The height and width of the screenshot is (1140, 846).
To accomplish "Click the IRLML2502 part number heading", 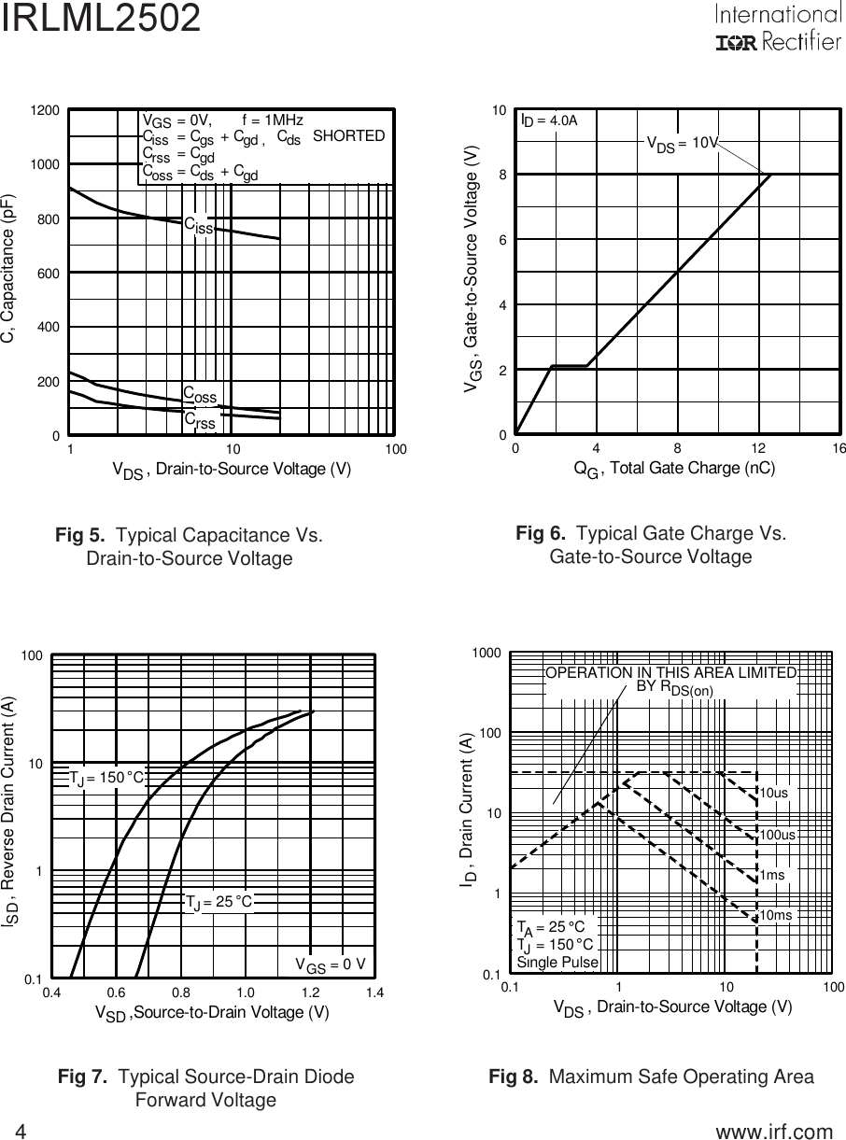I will click(101, 19).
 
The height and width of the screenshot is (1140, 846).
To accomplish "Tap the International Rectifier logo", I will click(777, 28).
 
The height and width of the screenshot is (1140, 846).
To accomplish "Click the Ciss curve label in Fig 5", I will click(198, 225).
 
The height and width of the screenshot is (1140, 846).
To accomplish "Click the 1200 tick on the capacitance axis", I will click(46, 110).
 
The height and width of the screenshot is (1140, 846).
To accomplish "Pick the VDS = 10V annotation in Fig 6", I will click(683, 143).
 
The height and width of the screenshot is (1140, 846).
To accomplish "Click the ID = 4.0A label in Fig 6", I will click(549, 120).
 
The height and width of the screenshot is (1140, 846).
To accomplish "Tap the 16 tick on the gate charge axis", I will click(839, 449).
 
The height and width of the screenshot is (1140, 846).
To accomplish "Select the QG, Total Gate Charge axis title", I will click(674, 469).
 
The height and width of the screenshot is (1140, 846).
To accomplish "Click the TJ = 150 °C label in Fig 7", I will click(106, 778).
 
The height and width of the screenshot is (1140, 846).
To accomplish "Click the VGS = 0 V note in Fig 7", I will click(330, 964).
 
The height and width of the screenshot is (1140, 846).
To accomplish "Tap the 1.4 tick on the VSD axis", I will click(375, 992).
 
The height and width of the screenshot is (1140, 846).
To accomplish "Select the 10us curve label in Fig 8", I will click(774, 793).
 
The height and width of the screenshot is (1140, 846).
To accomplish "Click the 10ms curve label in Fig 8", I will click(775, 916).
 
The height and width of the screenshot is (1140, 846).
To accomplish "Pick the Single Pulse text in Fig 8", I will click(557, 961).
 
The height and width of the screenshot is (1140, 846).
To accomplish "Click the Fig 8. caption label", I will click(514, 1077).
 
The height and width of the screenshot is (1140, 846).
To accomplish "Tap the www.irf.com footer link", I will click(773, 1132).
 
